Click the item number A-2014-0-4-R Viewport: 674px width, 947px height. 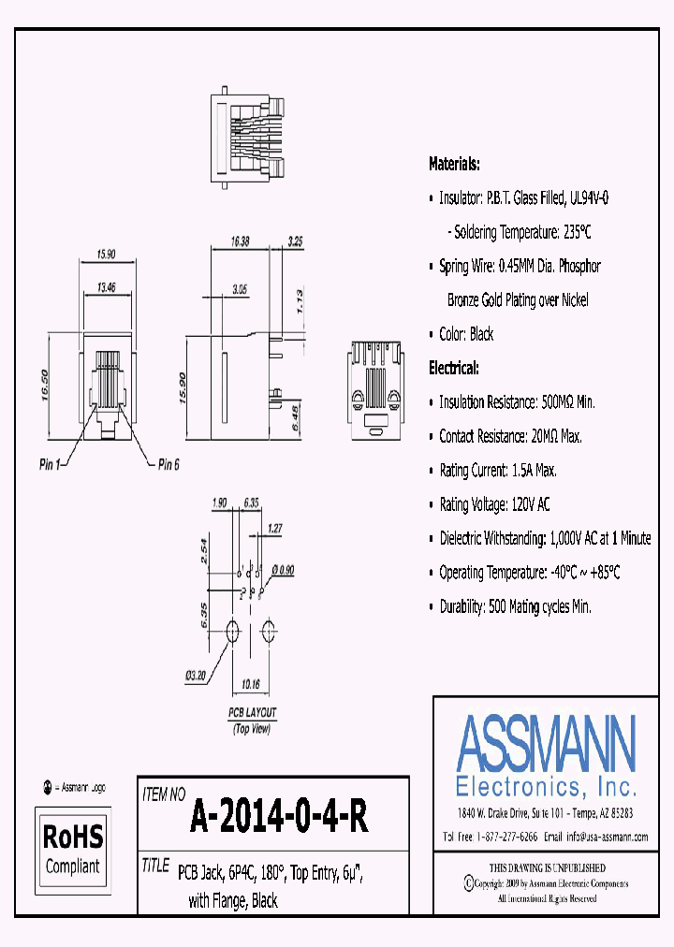tap(279, 818)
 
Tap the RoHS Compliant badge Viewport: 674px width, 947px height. tap(73, 849)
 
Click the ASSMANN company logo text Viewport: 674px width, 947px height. tap(546, 744)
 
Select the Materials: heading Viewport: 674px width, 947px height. tap(454, 164)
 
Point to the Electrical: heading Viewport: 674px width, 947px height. tap(454, 368)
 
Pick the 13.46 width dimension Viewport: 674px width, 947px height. tap(104, 287)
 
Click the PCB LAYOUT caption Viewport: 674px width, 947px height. tap(253, 713)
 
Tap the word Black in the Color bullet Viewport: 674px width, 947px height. tap(482, 334)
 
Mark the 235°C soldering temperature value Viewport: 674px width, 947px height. tap(571, 232)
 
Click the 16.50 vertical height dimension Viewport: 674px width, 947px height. tap(43, 384)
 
